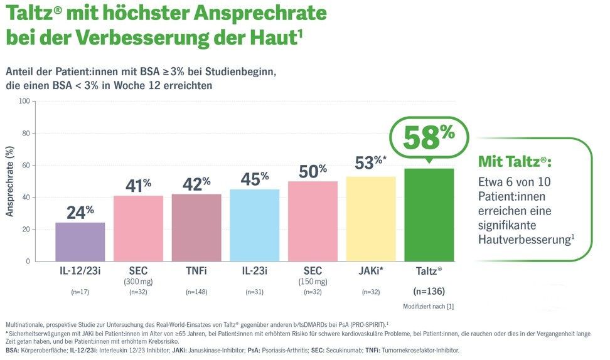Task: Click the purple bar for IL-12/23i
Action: pyautogui.click(x=80, y=241)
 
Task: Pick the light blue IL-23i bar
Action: pyautogui.click(x=255, y=225)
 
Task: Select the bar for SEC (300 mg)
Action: pyautogui.click(x=138, y=228)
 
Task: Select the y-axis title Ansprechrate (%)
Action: pyautogui.click(x=10, y=182)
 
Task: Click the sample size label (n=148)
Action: pyautogui.click(x=196, y=291)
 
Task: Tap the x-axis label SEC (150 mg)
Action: pyautogui.click(x=313, y=275)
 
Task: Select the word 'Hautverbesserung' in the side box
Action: pyautogui.click(x=523, y=239)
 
